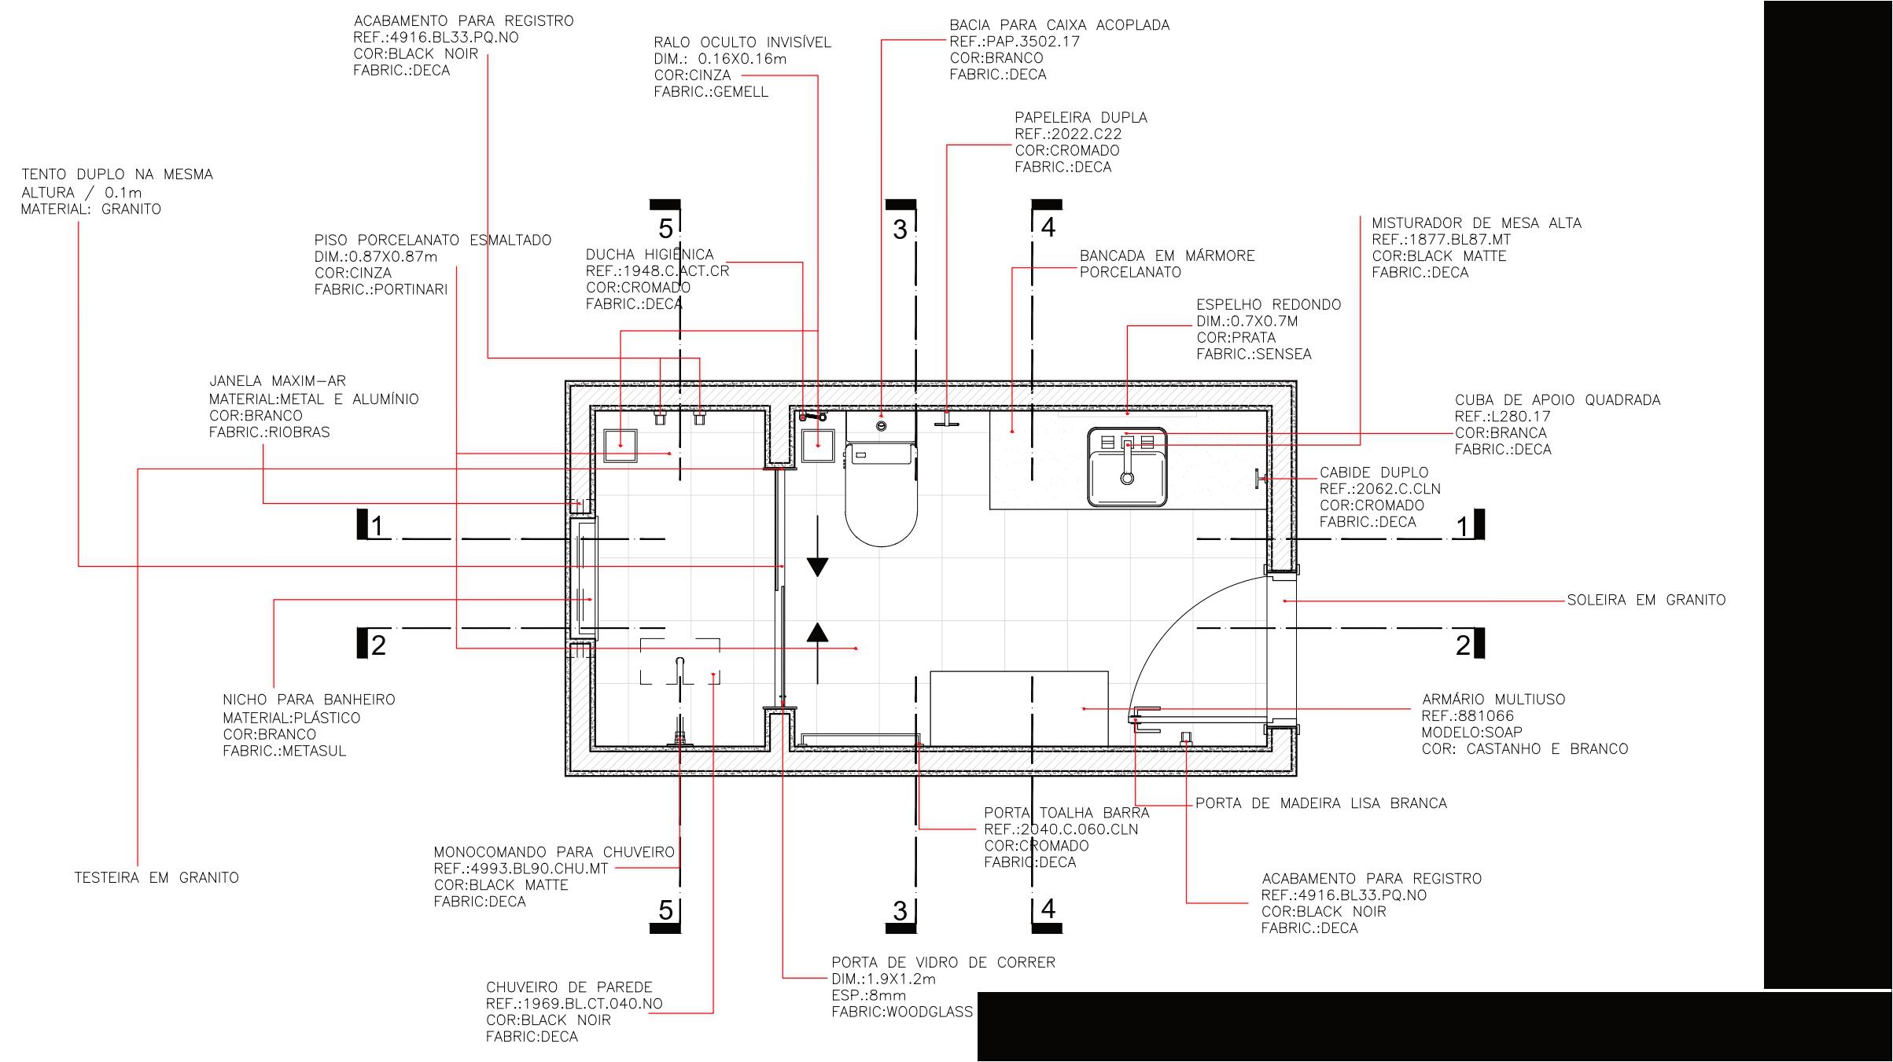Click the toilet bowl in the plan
click(x=881, y=495)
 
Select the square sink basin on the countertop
click(x=1127, y=467)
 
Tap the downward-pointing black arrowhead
click(x=818, y=567)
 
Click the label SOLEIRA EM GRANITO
click(x=1646, y=600)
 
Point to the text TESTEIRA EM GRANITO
click(x=157, y=877)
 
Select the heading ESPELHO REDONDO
click(x=1269, y=304)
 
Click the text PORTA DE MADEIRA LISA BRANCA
click(x=1321, y=803)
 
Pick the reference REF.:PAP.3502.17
click(x=1015, y=41)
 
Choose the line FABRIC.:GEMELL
click(x=711, y=91)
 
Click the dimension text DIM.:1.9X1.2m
click(x=884, y=979)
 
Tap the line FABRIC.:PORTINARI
click(x=381, y=289)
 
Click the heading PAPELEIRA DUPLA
click(x=1081, y=117)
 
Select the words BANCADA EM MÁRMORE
click(x=1167, y=255)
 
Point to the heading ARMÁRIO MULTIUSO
click(x=1493, y=699)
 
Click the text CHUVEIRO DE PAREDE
click(x=569, y=987)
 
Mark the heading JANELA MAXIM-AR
click(x=277, y=381)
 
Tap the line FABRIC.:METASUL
click(x=285, y=751)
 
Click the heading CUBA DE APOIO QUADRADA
click(x=1557, y=399)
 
